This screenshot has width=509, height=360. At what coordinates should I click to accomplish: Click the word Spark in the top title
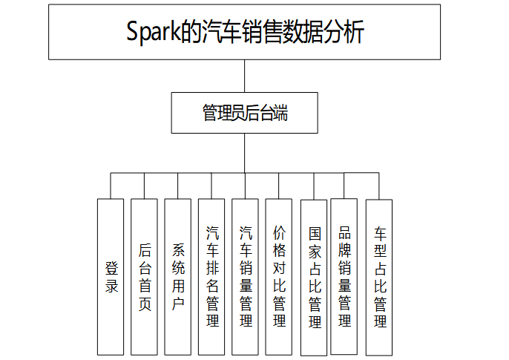pos(153,31)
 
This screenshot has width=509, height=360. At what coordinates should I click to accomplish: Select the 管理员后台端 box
pos(244,113)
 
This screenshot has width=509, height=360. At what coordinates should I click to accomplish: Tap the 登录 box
pos(111,277)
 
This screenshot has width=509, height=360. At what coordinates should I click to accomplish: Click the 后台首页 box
pos(144,277)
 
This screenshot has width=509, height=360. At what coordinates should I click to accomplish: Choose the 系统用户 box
pos(177,277)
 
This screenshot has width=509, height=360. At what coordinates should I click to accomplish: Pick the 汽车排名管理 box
pos(211,277)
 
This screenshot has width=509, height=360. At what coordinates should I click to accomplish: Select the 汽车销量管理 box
pos(245,277)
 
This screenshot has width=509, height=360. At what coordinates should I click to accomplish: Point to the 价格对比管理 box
pos(278,277)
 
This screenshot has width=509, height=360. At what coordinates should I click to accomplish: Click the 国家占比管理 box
pos(314,278)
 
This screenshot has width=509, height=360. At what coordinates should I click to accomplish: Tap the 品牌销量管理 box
pos(344,277)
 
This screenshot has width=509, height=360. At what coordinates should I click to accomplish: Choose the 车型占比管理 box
pos(379,278)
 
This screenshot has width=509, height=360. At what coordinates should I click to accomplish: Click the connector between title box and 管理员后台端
pos(244,76)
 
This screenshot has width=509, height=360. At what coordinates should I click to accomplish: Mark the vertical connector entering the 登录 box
pos(111,186)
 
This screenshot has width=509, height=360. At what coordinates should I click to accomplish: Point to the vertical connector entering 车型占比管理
pos(379,186)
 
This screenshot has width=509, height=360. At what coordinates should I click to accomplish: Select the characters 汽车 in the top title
pos(222,31)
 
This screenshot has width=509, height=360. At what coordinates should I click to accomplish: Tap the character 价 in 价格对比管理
pos(279,232)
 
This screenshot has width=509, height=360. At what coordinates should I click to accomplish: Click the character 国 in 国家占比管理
pos(315,234)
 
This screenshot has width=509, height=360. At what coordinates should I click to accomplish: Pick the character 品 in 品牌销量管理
pos(344,232)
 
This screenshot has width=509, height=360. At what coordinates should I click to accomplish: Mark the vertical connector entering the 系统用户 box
pos(177,186)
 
